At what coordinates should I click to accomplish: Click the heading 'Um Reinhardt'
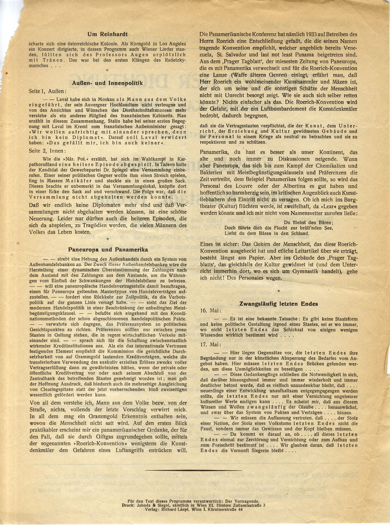[108, 35]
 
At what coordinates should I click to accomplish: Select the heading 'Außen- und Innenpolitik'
[108, 82]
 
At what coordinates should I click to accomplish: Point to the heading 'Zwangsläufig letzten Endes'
[278, 303]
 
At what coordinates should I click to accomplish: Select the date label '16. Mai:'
[211, 311]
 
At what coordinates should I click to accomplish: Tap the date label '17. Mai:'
[211, 344]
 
